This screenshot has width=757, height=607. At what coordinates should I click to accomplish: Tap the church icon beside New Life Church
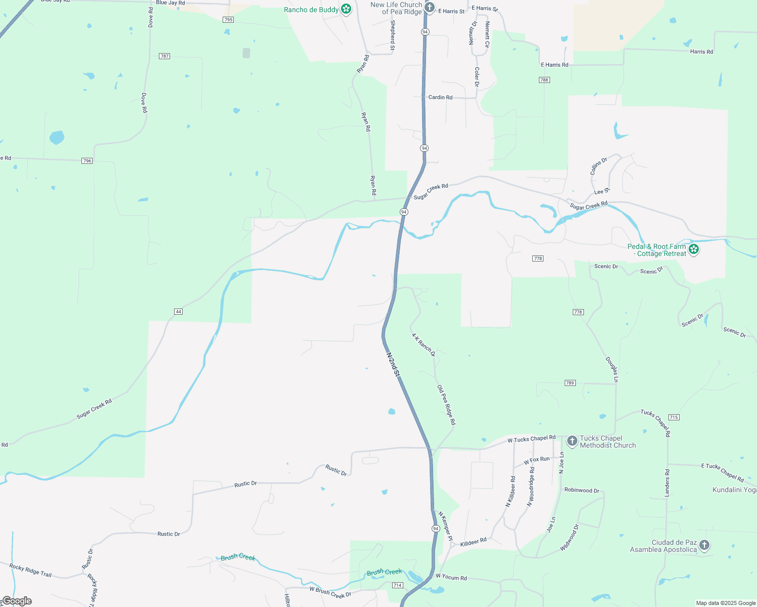pos(430,7)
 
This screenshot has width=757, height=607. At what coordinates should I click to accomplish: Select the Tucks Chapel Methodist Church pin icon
pos(572,441)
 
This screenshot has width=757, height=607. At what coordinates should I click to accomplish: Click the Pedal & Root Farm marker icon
pos(694,249)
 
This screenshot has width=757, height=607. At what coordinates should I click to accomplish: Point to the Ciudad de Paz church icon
pos(704,545)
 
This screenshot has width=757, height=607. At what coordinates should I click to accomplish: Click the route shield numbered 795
pos(228,20)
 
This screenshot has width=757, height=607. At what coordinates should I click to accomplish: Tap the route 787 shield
pos(164,56)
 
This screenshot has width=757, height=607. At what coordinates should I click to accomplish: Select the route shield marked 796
pos(87,161)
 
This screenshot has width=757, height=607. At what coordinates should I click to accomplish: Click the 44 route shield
pos(178,312)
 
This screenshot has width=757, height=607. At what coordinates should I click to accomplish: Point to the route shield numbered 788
pos(544,80)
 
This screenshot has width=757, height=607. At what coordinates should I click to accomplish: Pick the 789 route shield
pos(570,383)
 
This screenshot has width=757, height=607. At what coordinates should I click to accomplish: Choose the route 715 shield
pos(674,417)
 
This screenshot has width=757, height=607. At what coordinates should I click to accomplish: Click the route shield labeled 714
pos(397,585)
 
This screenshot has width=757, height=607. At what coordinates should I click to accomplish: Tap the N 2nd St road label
pos(393,365)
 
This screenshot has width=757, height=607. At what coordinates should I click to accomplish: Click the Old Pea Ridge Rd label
pos(446,405)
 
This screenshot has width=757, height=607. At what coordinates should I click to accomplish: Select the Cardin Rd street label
pos(440,97)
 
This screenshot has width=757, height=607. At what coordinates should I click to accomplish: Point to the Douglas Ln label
pos(612,369)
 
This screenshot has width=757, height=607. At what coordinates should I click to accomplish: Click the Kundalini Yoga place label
pos(734,490)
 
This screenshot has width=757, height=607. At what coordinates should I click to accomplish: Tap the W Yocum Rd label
pos(451,577)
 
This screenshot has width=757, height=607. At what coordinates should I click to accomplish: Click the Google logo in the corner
pos(17,601)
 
